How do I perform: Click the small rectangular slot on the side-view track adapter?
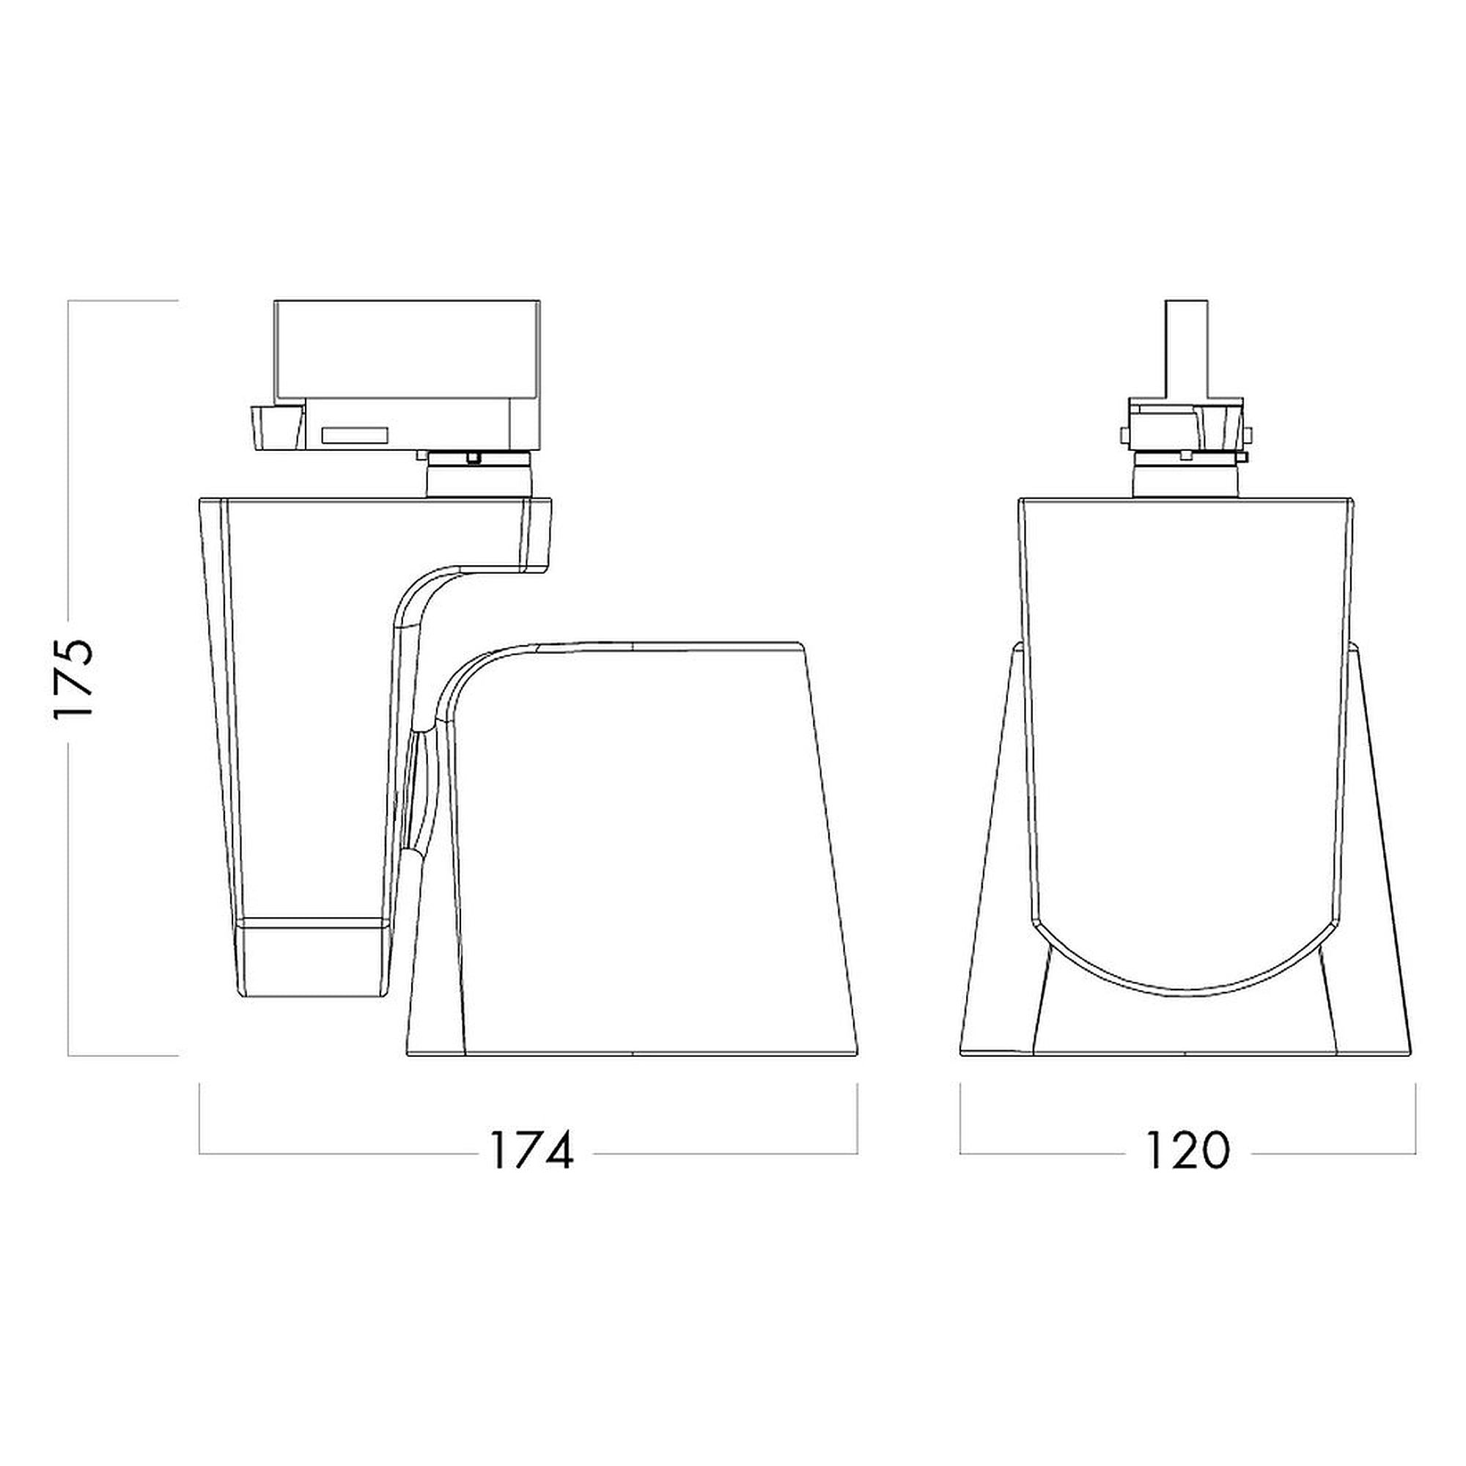[355, 435]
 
